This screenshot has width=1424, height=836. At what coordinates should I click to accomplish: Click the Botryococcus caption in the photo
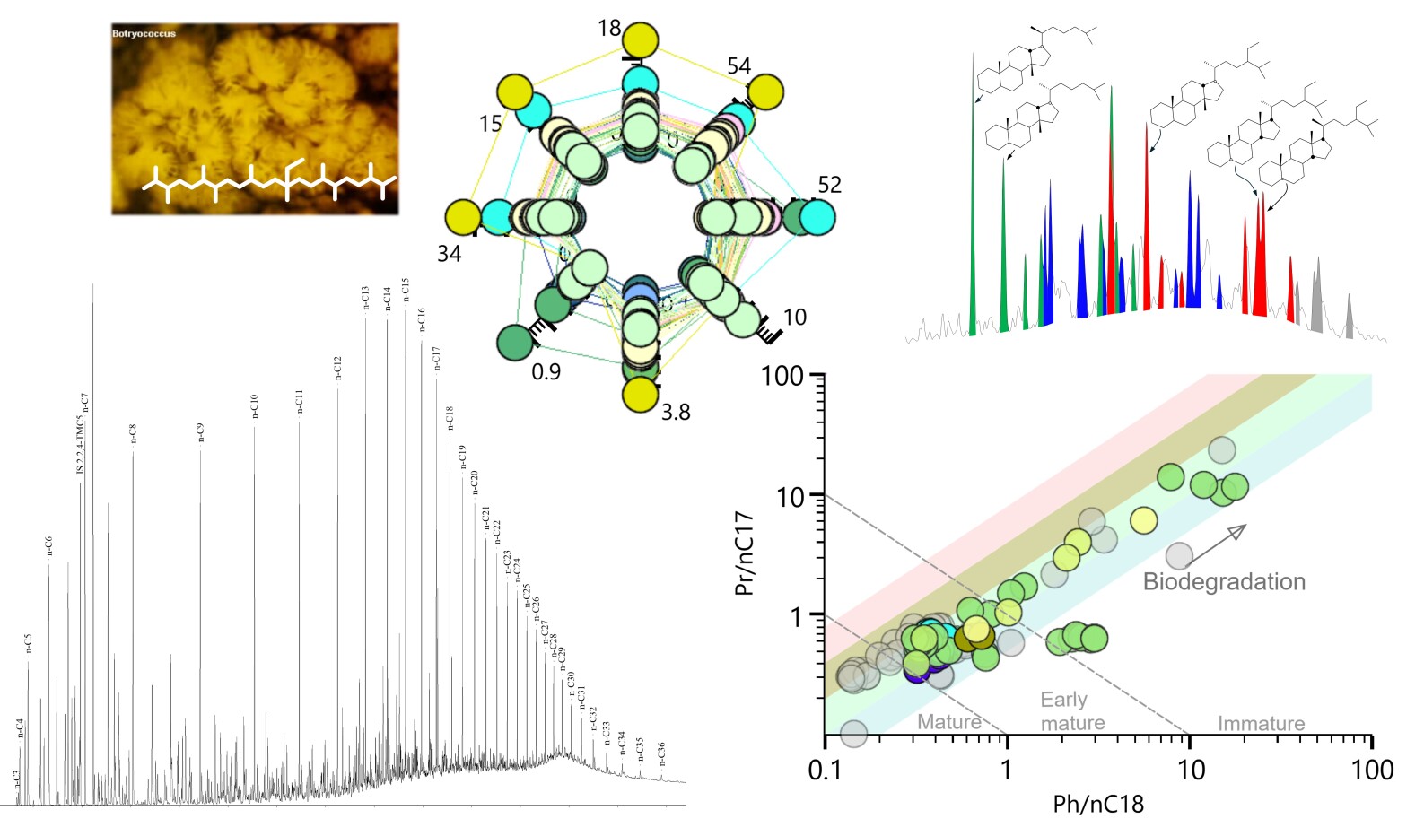click(144, 34)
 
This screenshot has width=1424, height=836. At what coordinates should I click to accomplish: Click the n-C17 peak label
click(437, 358)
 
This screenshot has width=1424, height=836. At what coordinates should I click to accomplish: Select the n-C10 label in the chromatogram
click(255, 405)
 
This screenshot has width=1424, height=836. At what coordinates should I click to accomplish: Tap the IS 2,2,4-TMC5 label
click(81, 445)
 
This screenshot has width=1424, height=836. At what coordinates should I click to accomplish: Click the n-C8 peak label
click(134, 433)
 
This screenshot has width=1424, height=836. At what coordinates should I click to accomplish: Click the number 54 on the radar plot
click(738, 65)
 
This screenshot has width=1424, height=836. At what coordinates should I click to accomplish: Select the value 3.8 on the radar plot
click(675, 413)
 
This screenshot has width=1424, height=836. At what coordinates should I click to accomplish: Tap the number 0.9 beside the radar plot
click(546, 371)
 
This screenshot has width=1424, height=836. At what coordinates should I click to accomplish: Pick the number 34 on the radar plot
click(449, 254)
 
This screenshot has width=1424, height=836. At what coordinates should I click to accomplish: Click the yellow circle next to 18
click(641, 41)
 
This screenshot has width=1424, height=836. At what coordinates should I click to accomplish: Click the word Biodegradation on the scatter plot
click(1224, 581)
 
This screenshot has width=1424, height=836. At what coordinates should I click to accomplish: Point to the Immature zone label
click(1261, 723)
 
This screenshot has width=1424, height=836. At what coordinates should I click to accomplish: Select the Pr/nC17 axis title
click(744, 553)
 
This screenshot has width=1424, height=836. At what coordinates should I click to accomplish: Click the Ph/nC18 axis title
click(1098, 804)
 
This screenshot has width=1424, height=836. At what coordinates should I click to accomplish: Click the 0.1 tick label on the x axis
click(824, 770)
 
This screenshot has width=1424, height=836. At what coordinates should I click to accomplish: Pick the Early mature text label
click(1071, 710)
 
